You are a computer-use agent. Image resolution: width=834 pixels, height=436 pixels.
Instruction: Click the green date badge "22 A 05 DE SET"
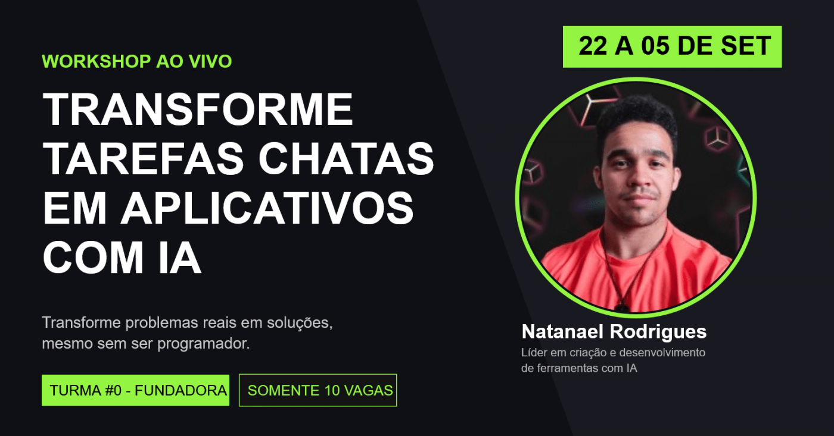coord(672,47)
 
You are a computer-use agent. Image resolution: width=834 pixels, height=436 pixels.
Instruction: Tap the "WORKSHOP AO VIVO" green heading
coord(136,61)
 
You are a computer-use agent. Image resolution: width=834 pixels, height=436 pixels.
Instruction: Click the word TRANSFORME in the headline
coord(198,109)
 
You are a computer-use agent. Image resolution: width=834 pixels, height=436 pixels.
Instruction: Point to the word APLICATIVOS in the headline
coord(267,209)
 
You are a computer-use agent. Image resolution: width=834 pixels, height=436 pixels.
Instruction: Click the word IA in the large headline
coord(180,258)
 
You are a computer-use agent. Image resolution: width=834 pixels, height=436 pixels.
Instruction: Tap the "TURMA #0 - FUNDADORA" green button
coord(136,390)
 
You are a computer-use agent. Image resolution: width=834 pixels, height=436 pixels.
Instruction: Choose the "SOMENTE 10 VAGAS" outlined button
coord(318,390)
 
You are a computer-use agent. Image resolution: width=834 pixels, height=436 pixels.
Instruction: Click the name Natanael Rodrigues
coord(614,332)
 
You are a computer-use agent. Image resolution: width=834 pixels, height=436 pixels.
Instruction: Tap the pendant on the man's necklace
coord(621,308)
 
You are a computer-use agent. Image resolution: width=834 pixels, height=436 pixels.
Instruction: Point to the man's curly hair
coord(638,114)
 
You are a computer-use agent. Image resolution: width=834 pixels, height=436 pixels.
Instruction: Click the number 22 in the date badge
coord(593,46)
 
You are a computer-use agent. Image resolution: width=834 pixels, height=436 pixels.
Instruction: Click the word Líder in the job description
coord(534,352)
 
